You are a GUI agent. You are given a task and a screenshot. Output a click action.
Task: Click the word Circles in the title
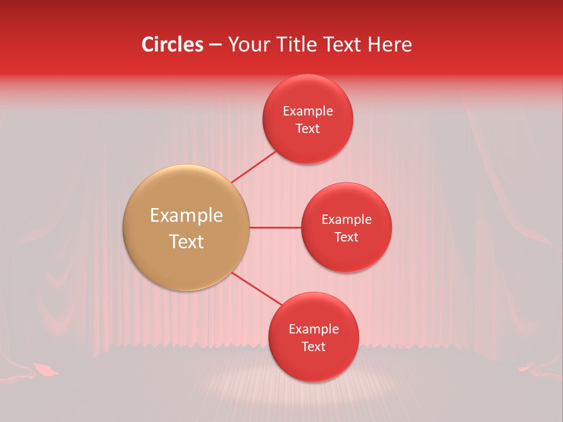click(x=172, y=45)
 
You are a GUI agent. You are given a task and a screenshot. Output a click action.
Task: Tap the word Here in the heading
click(x=390, y=45)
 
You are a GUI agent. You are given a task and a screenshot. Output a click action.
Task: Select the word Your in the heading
click(x=246, y=45)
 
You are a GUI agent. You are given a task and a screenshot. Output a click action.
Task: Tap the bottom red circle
click(x=313, y=366)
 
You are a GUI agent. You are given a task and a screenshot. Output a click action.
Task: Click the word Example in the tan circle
click(x=186, y=216)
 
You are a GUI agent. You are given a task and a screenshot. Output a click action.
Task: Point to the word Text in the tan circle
click(x=186, y=241)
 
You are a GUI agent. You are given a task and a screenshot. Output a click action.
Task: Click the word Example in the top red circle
click(x=308, y=111)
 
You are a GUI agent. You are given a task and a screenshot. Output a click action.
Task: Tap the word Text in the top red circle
click(x=308, y=129)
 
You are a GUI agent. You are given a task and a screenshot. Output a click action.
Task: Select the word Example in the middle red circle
click(x=347, y=220)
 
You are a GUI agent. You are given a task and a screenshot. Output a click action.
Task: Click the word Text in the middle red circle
click(x=347, y=237)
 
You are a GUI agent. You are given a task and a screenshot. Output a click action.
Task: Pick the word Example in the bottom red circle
click(x=313, y=329)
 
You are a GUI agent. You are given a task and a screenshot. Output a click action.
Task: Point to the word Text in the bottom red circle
click(x=313, y=347)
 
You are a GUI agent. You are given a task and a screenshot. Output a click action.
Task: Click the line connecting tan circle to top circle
click(x=253, y=166)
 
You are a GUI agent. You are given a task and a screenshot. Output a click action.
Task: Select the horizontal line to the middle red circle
click(x=276, y=227)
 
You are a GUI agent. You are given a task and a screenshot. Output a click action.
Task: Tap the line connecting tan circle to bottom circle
click(x=257, y=288)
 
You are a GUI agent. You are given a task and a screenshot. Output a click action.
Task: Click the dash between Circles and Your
click(x=215, y=45)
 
